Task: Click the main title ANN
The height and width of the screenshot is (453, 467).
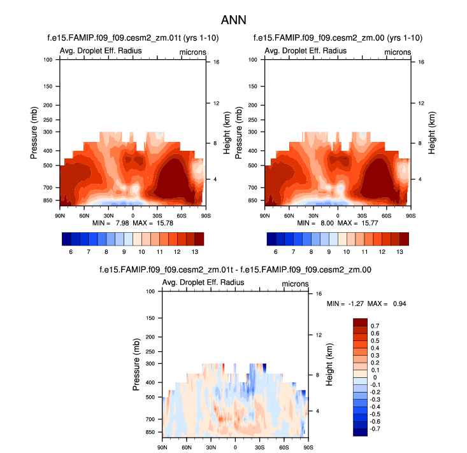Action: point(233,20)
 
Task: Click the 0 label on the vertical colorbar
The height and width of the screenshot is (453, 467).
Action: point(374,377)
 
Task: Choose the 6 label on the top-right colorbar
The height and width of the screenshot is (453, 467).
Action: point(277,251)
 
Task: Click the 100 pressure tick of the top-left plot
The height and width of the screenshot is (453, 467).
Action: point(48,60)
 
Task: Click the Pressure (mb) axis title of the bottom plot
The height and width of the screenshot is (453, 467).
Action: point(136,363)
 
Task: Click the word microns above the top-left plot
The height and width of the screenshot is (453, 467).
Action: point(190,51)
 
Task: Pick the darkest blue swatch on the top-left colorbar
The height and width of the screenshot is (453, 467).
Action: point(66,239)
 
